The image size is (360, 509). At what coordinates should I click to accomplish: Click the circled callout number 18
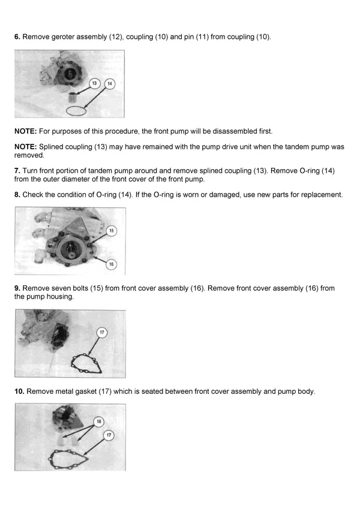point(99,421)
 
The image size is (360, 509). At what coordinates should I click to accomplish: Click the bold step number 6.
point(17,37)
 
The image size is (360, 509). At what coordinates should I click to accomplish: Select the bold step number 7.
point(17,171)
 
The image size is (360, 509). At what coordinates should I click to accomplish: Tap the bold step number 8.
point(17,195)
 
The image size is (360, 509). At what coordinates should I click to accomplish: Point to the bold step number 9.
point(17,288)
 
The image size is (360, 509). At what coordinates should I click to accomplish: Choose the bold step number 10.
point(19,391)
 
